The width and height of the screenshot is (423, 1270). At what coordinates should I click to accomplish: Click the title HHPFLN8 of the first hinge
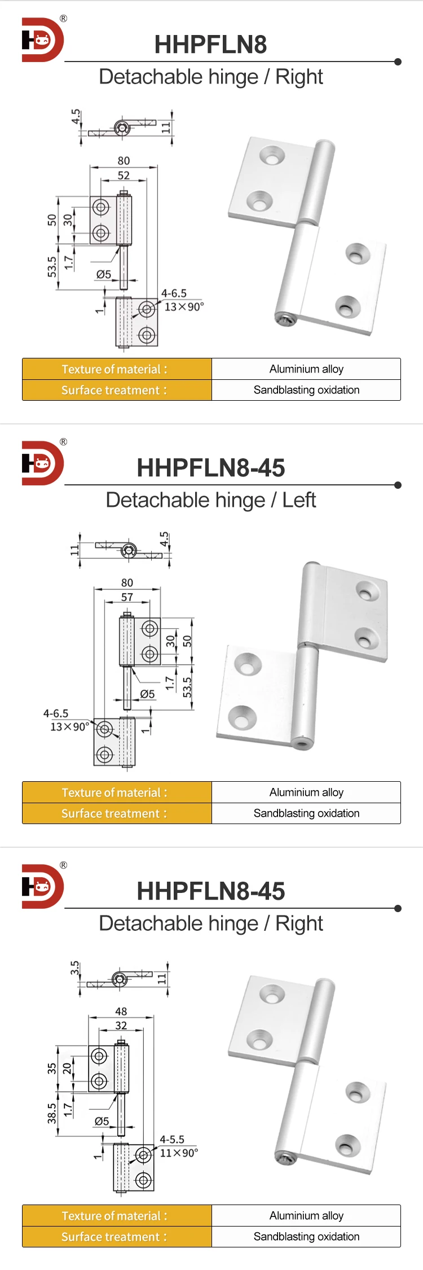pyautogui.click(x=210, y=45)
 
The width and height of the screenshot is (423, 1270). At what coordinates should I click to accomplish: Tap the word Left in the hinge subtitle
pyautogui.click(x=299, y=500)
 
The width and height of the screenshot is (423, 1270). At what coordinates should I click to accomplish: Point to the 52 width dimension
pyautogui.click(x=124, y=176)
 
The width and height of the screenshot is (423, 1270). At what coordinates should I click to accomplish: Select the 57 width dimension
pyautogui.click(x=127, y=597)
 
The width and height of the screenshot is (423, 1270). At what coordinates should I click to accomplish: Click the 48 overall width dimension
pyautogui.click(x=121, y=1011)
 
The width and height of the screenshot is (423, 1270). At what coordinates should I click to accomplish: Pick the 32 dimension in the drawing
pyautogui.click(x=121, y=1025)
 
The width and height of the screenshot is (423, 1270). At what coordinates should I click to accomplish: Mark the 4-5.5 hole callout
pyautogui.click(x=172, y=1139)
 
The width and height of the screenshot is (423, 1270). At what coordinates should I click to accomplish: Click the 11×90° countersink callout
pyautogui.click(x=179, y=1153)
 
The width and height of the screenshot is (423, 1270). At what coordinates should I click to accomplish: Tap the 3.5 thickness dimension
pyautogui.click(x=74, y=969)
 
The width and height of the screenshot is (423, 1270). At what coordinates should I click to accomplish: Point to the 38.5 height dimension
pyautogui.click(x=52, y=1114)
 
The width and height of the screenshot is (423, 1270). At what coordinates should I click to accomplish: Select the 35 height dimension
pyautogui.click(x=52, y=1068)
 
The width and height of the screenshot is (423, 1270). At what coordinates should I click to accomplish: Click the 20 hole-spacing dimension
pyautogui.click(x=67, y=1068)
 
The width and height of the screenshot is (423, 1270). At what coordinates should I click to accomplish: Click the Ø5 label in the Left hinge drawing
pyautogui.click(x=147, y=694)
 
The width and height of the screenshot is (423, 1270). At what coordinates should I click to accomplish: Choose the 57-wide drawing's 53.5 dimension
pyautogui.click(x=187, y=687)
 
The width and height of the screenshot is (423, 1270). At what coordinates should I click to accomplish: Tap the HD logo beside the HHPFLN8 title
pyautogui.click(x=43, y=40)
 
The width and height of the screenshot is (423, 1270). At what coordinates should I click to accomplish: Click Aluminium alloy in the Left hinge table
pyautogui.click(x=306, y=792)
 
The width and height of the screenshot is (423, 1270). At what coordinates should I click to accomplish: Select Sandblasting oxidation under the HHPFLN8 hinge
pyautogui.click(x=306, y=390)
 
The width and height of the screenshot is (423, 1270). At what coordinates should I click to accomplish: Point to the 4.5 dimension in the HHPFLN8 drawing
pyautogui.click(x=76, y=116)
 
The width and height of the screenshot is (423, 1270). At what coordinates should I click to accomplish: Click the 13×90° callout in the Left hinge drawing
pyautogui.click(x=69, y=727)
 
